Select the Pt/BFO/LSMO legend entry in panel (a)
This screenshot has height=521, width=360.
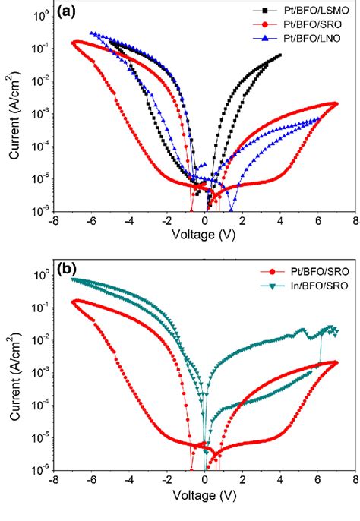[300, 11]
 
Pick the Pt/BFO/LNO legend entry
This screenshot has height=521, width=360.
[300, 36]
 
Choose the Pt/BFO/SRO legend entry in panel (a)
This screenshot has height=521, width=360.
[300, 24]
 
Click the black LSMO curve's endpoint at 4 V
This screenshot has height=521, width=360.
[280, 55]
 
